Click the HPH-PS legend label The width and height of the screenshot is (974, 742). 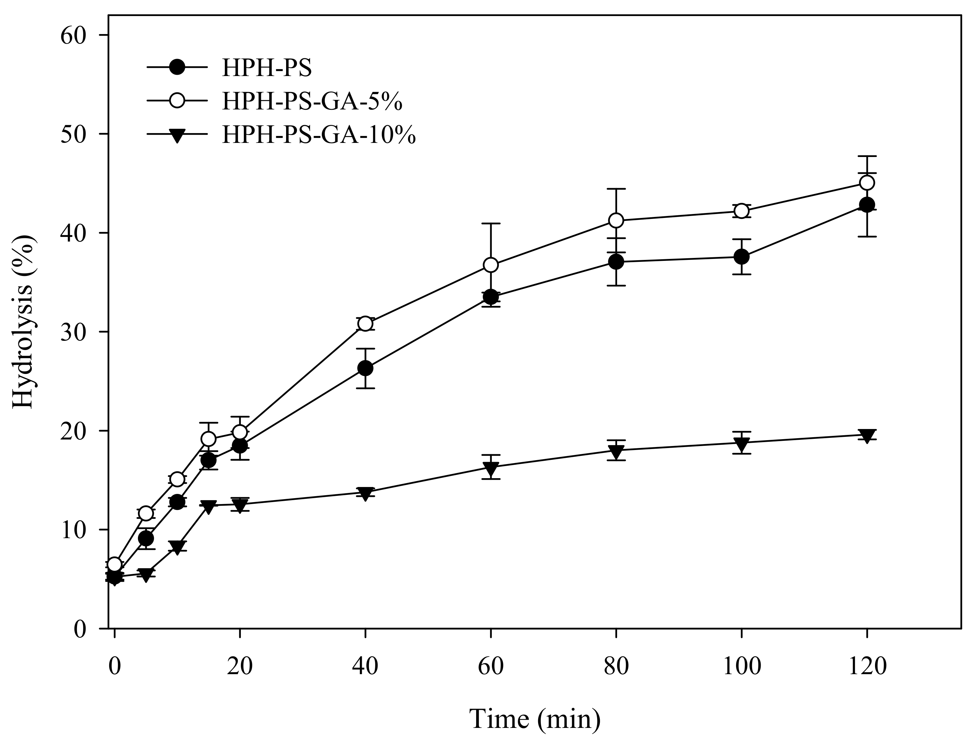267,68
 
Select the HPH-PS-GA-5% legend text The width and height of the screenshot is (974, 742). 312,102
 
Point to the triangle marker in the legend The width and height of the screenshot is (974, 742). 177,136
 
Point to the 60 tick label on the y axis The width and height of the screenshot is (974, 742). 73,35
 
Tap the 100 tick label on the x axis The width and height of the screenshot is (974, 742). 741,666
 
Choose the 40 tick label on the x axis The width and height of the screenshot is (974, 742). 365,666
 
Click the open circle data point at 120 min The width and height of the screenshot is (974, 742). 867,183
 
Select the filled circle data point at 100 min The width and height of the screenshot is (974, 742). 741,257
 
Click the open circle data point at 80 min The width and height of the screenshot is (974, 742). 616,220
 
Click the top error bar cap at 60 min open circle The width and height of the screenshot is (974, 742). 491,224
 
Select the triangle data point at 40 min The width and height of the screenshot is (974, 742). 365,493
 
